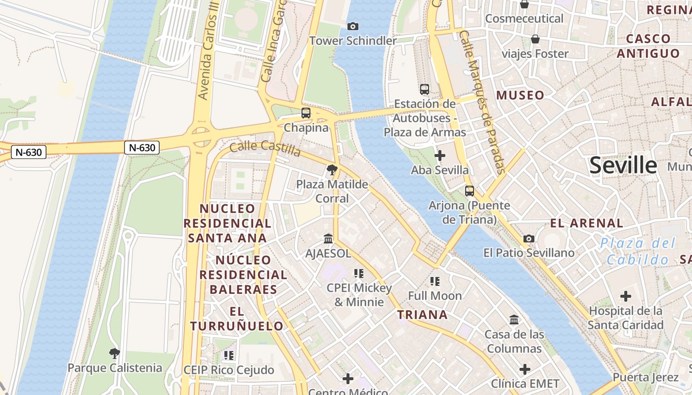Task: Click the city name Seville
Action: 623,166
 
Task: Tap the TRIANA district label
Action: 423,315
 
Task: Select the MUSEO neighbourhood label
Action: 520,95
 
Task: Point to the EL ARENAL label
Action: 587,223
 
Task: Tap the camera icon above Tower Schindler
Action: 353,26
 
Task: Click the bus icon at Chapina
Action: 306,113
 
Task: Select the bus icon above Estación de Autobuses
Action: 425,89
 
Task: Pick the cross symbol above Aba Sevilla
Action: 439,156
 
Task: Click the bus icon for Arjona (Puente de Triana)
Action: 469,191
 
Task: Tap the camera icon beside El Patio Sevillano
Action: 529,238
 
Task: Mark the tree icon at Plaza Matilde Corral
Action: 332,170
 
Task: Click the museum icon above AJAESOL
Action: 328,239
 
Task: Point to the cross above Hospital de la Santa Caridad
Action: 626,296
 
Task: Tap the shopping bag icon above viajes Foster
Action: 535,39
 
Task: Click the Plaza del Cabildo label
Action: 638,251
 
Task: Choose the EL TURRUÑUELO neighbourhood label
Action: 237,318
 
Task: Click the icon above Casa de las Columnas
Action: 514,320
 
